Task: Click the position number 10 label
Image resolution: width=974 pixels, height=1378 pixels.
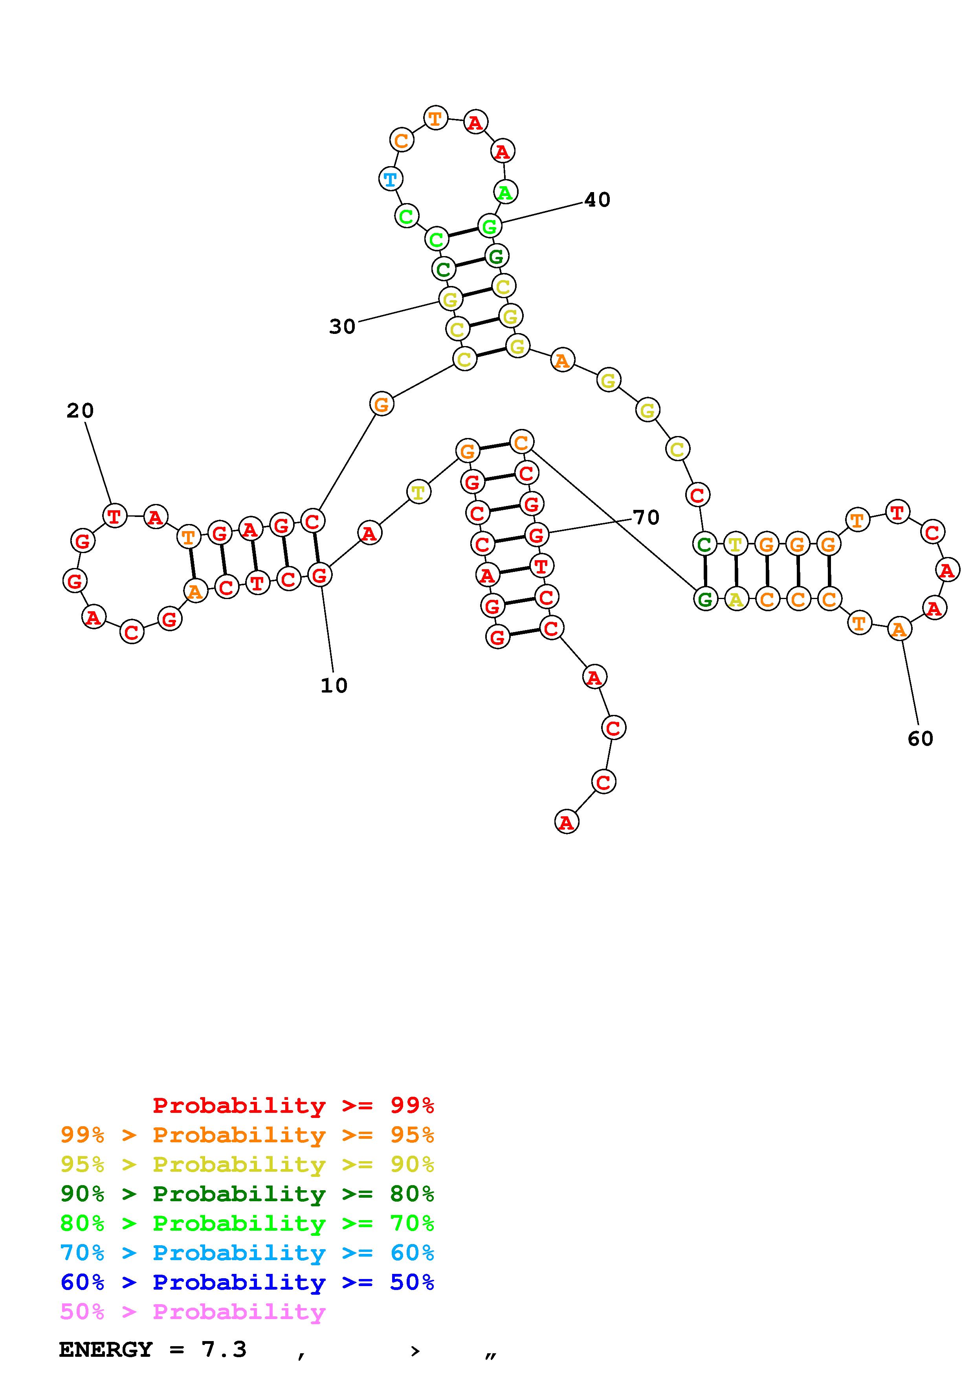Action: pos(334,685)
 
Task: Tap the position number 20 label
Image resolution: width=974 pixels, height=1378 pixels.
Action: pos(80,411)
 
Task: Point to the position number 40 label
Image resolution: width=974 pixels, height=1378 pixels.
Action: pos(597,200)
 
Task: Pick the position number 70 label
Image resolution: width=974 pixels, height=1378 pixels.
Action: pos(646,517)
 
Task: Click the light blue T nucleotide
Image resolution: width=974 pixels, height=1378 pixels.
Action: pos(391,179)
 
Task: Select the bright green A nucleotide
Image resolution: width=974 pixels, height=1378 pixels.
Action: pos(505,192)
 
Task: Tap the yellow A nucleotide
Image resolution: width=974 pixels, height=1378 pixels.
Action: pos(736,599)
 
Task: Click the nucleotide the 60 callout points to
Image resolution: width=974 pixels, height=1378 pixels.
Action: pos(899,630)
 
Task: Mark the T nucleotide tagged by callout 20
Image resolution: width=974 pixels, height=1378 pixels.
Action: pos(115,516)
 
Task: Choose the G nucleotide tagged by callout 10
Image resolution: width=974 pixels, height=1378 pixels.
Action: pos(319,575)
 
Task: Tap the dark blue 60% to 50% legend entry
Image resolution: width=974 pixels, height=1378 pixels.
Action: pos(247,1282)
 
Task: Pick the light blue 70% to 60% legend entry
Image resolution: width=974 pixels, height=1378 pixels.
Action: pos(247,1253)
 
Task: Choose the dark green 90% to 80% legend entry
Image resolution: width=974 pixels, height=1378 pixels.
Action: pos(247,1194)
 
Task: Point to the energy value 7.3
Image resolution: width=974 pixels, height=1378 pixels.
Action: pos(224,1350)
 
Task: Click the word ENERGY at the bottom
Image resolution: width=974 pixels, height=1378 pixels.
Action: pos(106,1350)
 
